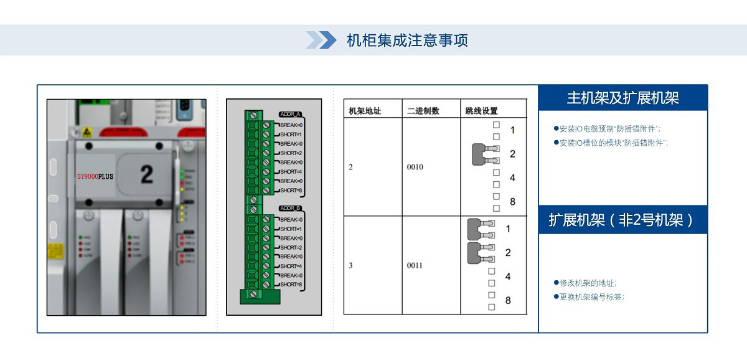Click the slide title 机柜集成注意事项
tap(407, 40)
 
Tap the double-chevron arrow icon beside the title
tap(321, 40)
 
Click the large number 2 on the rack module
tap(146, 174)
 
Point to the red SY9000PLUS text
tap(95, 177)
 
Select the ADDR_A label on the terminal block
tap(291, 115)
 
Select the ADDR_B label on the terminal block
tap(291, 208)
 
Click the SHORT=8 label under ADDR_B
tap(291, 285)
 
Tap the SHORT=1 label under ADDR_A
tap(291, 135)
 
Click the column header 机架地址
tap(365, 111)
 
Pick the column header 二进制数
tap(423, 111)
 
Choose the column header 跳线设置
tap(481, 111)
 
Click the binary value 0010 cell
tap(415, 167)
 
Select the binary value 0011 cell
tap(415, 265)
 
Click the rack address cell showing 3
tap(350, 265)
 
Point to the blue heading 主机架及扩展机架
tap(622, 98)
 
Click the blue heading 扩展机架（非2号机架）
tap(622, 220)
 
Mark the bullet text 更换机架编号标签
tap(591, 297)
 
